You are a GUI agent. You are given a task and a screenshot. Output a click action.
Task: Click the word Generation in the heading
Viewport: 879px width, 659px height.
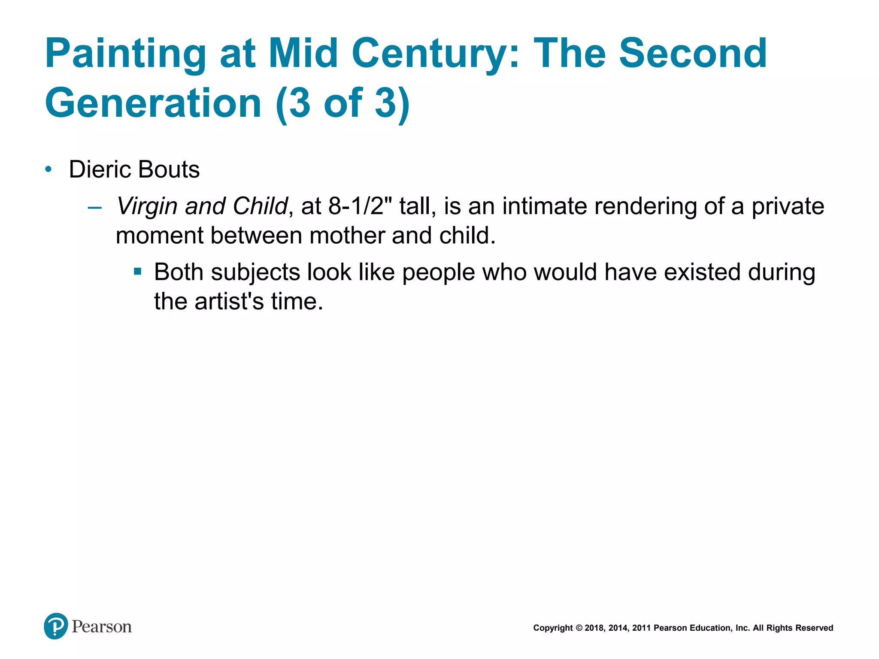(x=153, y=103)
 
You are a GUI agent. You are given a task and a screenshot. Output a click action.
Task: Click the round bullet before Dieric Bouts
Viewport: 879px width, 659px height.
(x=48, y=169)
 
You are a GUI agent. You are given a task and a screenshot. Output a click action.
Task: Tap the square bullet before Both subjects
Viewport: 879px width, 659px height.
(x=137, y=272)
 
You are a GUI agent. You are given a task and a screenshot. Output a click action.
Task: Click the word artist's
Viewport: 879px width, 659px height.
(x=229, y=302)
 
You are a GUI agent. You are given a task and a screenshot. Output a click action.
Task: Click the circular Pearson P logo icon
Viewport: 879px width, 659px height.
(x=56, y=626)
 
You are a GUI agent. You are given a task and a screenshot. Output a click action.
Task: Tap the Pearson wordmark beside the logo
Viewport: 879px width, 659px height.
(x=102, y=627)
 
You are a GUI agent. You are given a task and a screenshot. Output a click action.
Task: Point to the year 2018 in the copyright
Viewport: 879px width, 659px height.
(x=594, y=628)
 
